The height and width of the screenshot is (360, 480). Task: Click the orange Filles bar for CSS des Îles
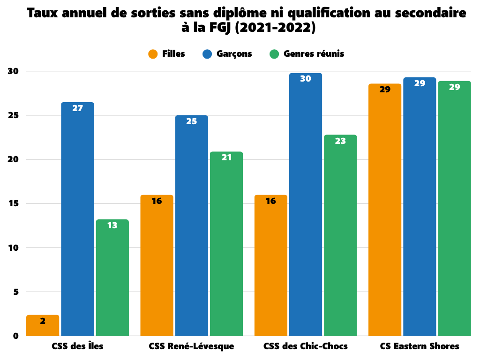pos(43,326)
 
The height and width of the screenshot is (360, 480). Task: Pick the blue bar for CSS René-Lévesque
pos(191,225)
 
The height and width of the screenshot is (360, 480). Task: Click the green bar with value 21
pos(226,244)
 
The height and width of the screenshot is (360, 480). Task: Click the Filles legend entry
pos(167,54)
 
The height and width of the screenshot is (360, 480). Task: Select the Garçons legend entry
pos(227,54)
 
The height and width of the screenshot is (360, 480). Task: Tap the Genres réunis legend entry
pos(307,54)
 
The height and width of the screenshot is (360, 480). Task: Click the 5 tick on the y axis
pos(15,292)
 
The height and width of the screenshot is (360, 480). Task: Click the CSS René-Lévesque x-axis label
pos(191,347)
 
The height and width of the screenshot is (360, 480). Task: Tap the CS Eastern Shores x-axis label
pos(420,347)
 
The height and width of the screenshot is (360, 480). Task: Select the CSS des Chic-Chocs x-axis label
pos(306,347)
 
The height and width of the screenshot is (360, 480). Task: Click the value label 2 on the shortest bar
pos(43,321)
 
